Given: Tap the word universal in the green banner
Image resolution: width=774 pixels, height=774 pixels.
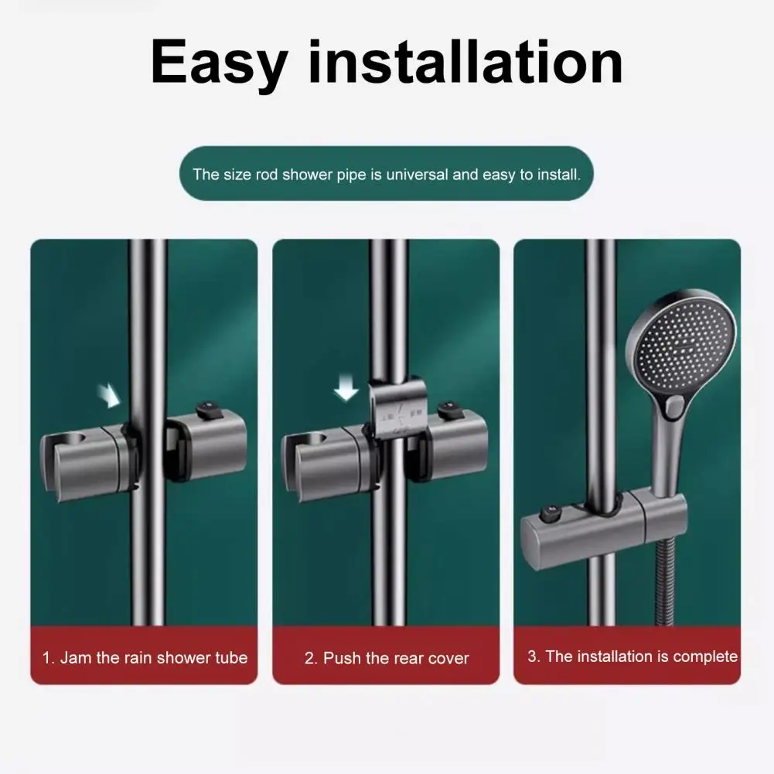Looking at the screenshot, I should coord(417,174).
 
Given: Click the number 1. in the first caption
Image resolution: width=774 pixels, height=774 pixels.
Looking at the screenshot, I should coord(48,658).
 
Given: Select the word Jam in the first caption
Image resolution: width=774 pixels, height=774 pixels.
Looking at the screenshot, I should coord(76,658).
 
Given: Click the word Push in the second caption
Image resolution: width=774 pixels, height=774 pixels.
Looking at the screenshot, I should coord(342,659).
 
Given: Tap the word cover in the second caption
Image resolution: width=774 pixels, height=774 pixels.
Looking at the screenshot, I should coord(448,659).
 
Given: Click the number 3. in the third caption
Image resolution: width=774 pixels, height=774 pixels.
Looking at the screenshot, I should coord(534,656).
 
